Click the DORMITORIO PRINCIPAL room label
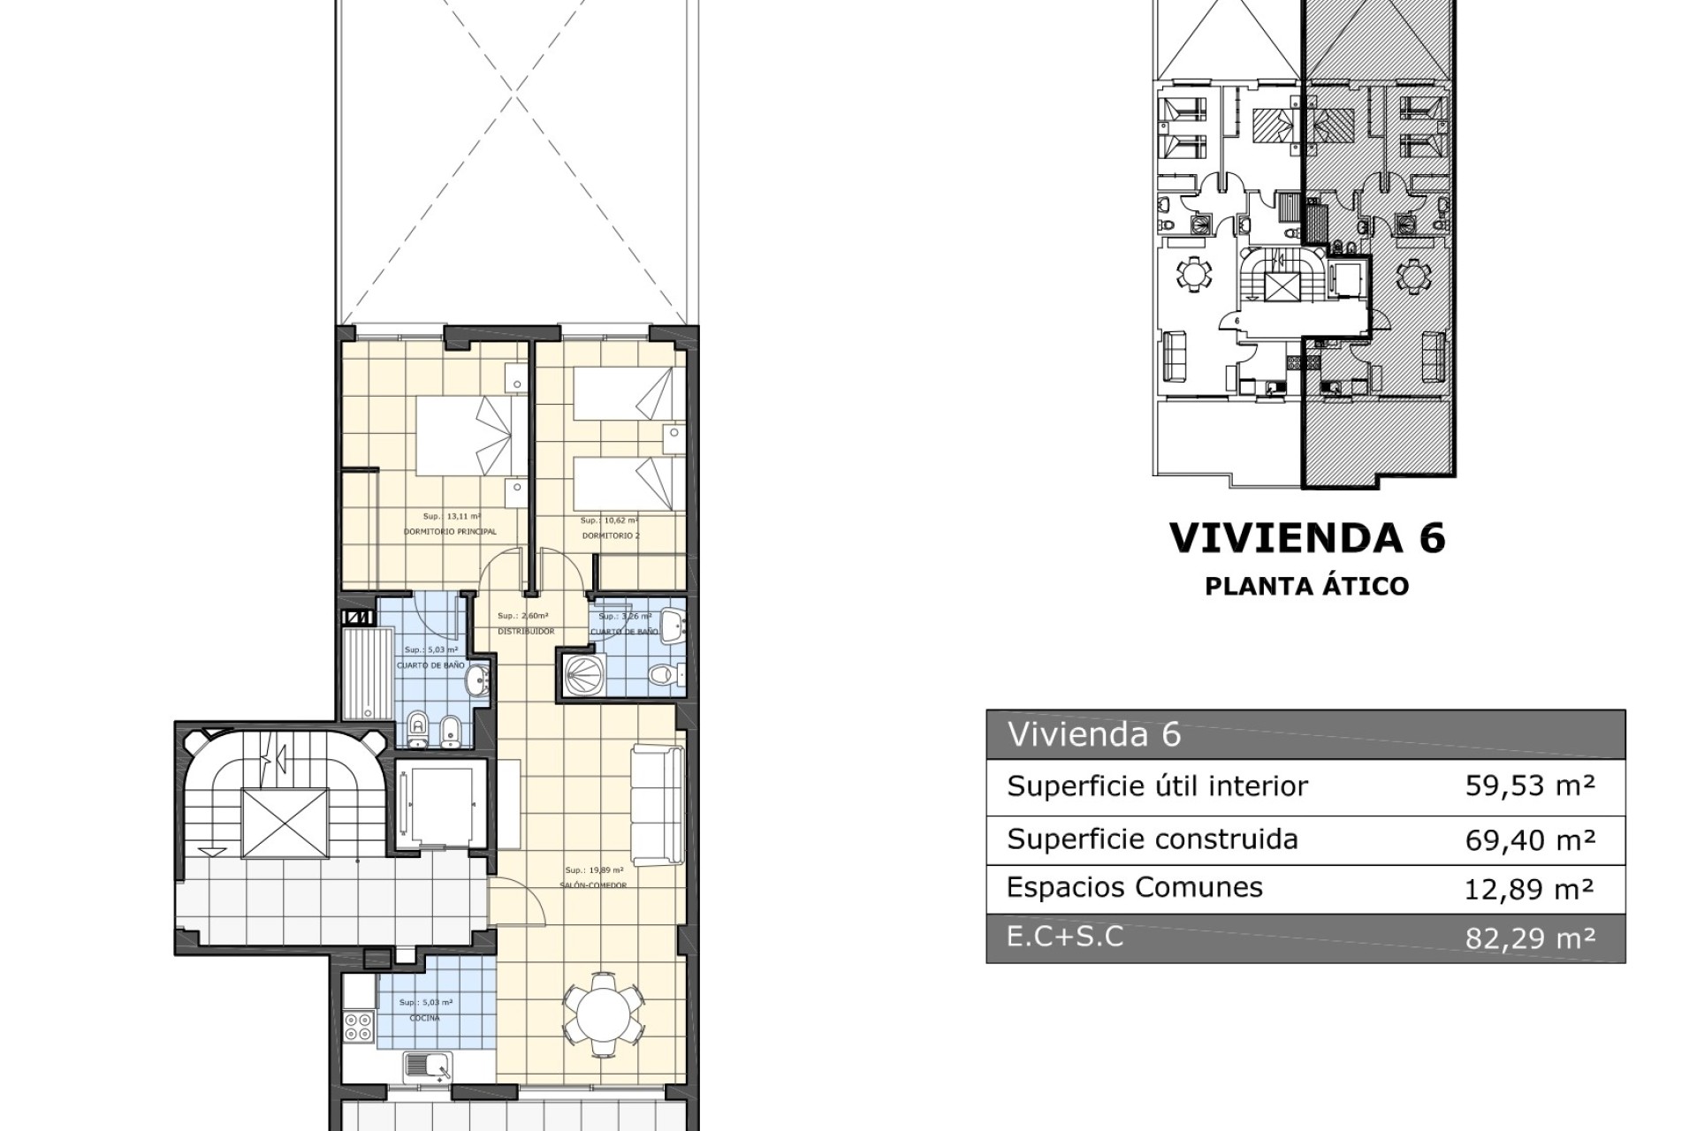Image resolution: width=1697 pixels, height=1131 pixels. click(x=450, y=532)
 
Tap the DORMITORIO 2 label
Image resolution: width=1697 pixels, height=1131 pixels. click(x=611, y=535)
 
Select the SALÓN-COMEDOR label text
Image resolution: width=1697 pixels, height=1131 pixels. click(x=593, y=885)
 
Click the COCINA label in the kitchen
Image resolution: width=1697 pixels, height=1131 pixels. click(x=425, y=1018)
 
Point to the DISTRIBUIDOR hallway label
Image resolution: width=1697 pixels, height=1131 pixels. click(x=526, y=631)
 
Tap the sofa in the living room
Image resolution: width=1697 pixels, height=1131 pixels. click(x=658, y=805)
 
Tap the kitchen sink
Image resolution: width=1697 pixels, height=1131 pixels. click(x=428, y=1067)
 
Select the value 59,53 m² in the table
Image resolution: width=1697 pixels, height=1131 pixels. click(x=1530, y=786)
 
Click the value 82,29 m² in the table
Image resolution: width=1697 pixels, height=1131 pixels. click(x=1530, y=937)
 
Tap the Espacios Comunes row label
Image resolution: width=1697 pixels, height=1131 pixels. click(x=1135, y=888)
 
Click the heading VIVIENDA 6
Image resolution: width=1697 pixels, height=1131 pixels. click(x=1307, y=538)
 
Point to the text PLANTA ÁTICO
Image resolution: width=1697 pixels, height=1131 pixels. click(x=1307, y=587)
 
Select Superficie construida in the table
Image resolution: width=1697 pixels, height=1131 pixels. click(x=1153, y=839)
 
